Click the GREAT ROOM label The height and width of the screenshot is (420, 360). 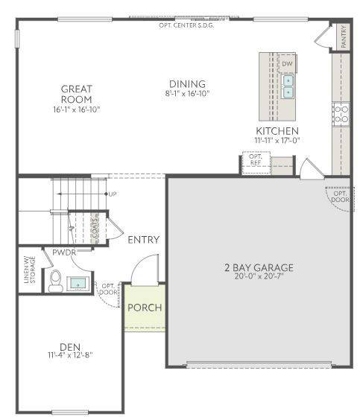tap(76, 94)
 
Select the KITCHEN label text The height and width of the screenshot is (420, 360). tap(277, 130)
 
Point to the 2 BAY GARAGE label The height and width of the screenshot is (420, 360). tap(259, 267)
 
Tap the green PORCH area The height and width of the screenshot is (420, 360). tap(144, 308)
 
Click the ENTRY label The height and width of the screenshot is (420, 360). tap(144, 240)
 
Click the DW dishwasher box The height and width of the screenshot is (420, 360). tap(288, 64)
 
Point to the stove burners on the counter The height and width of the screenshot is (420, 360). tap(341, 113)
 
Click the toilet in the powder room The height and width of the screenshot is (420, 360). tap(55, 280)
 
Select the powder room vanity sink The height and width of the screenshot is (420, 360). tap(78, 283)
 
